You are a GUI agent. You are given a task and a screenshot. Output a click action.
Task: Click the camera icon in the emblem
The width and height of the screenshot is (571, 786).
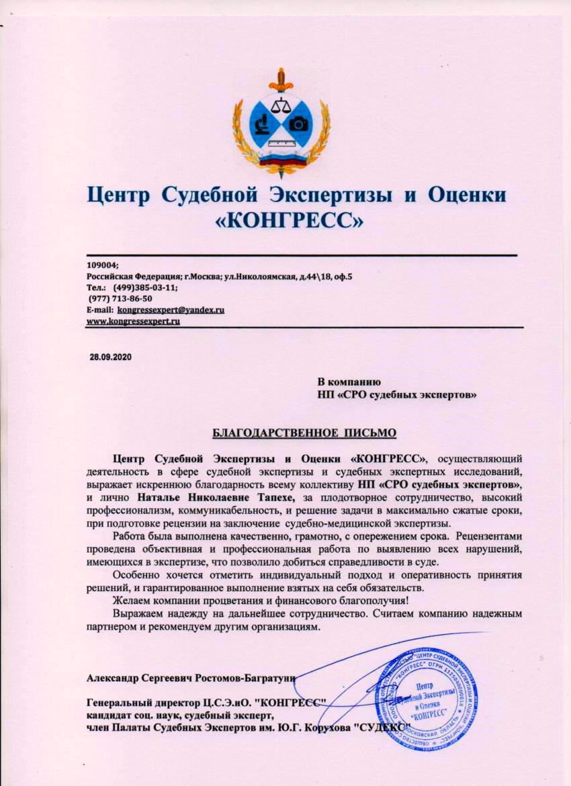point(297,124)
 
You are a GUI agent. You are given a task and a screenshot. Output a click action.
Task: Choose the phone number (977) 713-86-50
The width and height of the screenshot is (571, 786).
point(120,298)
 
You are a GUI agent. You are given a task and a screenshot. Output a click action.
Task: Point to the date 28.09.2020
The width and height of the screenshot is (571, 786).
point(112,356)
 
